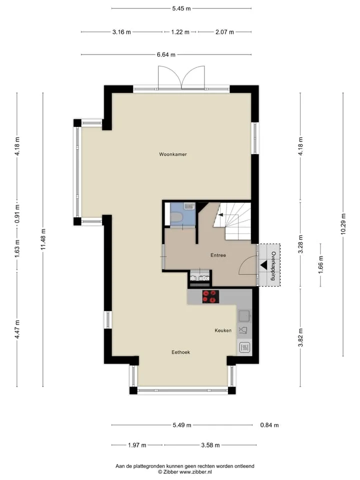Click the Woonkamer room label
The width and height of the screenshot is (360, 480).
click(x=172, y=154)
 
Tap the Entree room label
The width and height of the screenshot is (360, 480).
click(x=218, y=255)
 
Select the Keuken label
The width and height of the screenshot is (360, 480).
click(x=223, y=330)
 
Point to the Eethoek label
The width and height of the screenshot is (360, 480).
click(x=180, y=352)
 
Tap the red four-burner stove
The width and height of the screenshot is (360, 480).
click(x=210, y=296)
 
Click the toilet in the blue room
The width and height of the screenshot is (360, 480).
click(x=176, y=217)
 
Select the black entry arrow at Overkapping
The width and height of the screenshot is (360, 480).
click(x=263, y=265)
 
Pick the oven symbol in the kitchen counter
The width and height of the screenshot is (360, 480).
click(x=244, y=347)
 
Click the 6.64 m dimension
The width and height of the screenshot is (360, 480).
click(x=166, y=55)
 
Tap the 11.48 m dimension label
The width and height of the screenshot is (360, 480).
click(x=43, y=239)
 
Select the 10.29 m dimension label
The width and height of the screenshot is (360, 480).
click(x=343, y=224)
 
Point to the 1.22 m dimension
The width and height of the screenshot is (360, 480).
click(x=180, y=32)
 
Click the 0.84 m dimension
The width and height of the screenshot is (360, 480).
click(x=269, y=425)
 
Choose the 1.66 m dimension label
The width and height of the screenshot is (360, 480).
click(x=320, y=265)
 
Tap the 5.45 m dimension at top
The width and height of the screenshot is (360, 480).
click(x=181, y=8)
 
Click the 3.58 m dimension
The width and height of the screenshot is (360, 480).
click(x=210, y=445)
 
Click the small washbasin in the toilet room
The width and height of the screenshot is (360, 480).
click(x=189, y=206)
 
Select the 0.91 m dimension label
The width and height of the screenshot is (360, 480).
click(x=17, y=211)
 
